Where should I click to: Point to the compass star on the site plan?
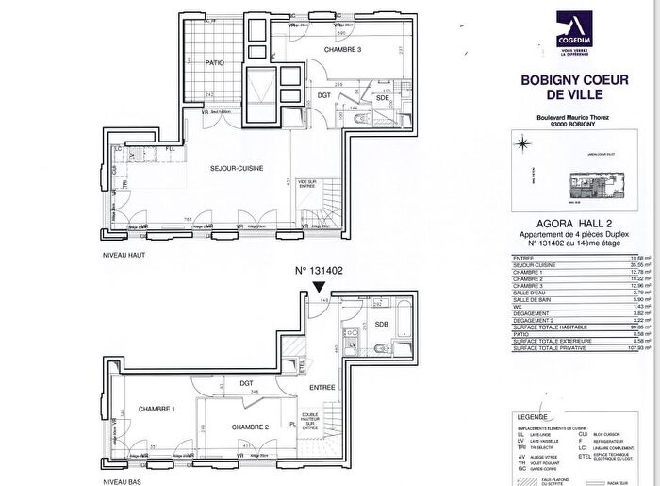pos(520,144)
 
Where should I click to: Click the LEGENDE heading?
pos(533,415)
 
